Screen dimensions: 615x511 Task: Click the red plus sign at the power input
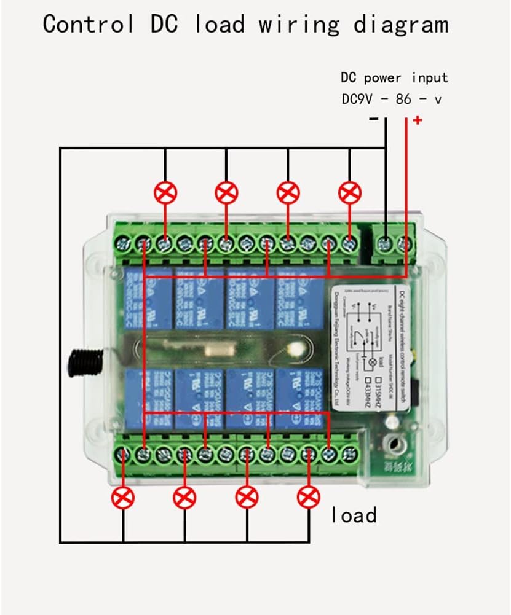[418, 120]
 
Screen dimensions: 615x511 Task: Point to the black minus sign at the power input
[374, 119]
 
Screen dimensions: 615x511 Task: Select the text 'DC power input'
[394, 78]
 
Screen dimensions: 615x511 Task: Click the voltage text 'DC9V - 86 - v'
[391, 99]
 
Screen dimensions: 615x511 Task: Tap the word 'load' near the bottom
[354, 515]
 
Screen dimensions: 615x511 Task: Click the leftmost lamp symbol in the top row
[165, 193]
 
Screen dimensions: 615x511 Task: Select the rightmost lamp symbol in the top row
[350, 193]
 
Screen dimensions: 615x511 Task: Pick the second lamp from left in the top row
[226, 193]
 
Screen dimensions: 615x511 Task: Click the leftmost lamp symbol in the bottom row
[124, 497]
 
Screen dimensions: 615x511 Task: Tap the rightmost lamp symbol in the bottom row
[309, 497]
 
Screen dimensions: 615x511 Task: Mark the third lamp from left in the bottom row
[247, 497]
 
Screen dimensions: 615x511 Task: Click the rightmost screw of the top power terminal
[406, 243]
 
